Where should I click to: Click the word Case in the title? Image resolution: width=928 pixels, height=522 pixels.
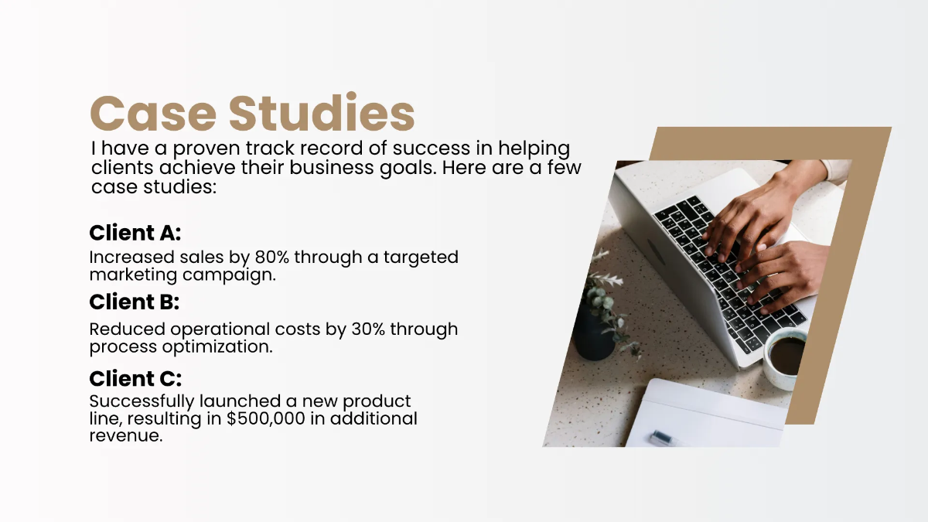tap(152, 113)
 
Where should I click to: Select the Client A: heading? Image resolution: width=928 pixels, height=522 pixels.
tap(135, 233)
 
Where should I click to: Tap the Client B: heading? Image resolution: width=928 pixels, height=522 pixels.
tap(135, 302)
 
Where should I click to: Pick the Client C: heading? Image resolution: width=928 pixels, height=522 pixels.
tap(135, 379)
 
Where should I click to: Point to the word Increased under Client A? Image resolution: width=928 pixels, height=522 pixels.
tap(127, 257)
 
